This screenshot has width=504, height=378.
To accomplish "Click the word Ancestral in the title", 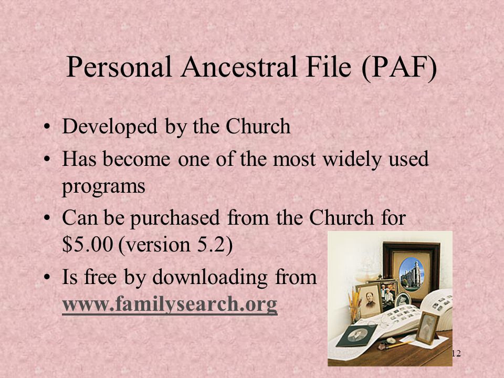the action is coord(238,67).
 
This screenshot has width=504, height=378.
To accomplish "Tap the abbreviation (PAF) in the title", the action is coord(399,67).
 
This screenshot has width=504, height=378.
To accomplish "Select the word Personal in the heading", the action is coord(119,67).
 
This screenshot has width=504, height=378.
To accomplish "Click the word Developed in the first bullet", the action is coord(110,127).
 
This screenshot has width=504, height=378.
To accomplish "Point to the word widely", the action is coord(352,159).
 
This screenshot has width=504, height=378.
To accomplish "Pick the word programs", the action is coord(103,187).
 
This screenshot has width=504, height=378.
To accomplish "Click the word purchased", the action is coord(175,218).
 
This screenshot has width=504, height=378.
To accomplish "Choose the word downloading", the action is coord(210,277).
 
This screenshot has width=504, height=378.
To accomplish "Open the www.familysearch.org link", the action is coord(170,304).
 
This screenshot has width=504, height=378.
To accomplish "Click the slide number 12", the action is coord(456,353).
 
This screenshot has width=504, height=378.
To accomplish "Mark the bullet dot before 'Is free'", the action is coord(47,277).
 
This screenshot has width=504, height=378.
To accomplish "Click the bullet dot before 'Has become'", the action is coord(47,159).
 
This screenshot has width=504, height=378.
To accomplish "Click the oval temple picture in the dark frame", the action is coord(412,274).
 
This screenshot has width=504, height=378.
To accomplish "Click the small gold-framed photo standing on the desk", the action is coord(427,328).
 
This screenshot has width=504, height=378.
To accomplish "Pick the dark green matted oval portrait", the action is coord(358,335).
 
